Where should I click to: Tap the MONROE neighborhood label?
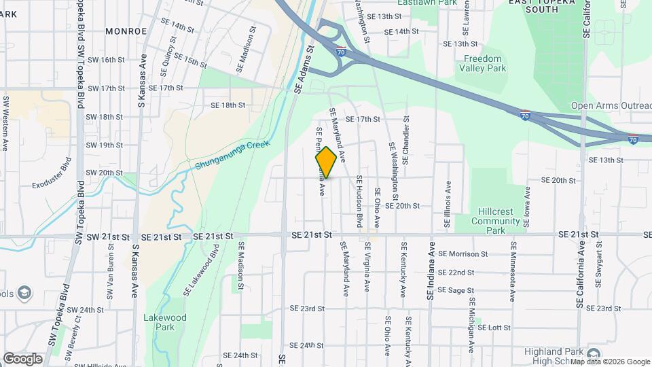coord(126,31)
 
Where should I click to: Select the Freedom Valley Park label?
coord(481,63)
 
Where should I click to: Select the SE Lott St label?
coord(494,327)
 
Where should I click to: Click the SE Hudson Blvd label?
coord(359,202)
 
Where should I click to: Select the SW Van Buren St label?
coord(109,277)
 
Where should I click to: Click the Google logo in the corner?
coord(22,358)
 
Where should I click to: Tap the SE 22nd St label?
coord(456,273)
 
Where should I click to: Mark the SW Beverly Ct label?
coord(73,334)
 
